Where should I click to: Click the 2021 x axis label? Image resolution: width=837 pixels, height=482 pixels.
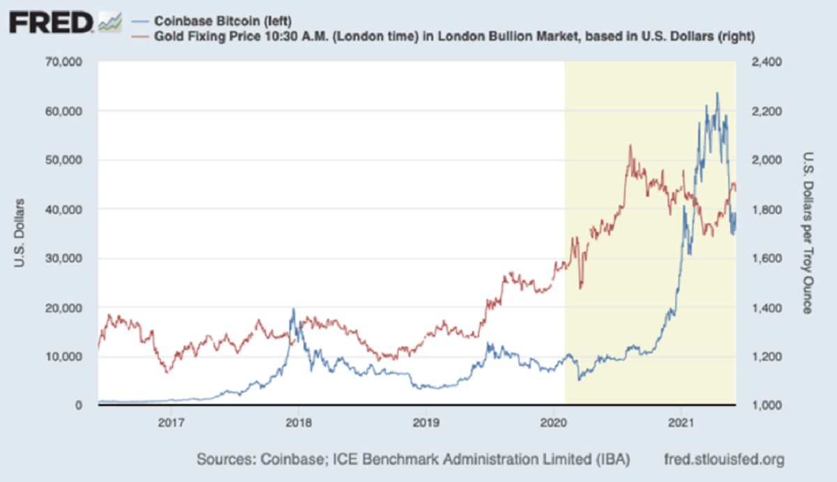click(x=680, y=421)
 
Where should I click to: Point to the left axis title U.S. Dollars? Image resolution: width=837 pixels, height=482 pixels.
click(x=21, y=234)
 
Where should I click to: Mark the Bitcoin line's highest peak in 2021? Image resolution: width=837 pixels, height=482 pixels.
click(x=717, y=93)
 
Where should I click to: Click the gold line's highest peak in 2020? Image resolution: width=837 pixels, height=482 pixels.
click(x=630, y=145)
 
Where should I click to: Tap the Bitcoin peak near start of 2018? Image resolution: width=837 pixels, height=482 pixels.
click(x=294, y=309)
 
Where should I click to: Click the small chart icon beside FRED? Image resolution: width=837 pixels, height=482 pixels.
click(x=110, y=24)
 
